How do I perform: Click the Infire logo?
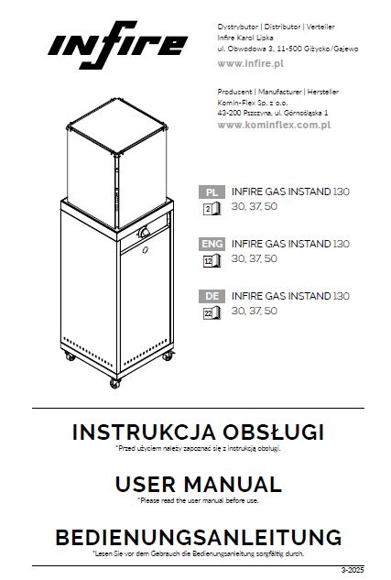[118, 45]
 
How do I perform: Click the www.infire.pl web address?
[251, 63]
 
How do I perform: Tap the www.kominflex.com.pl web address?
[274, 125]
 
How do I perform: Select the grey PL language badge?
[212, 192]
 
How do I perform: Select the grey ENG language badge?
[212, 244]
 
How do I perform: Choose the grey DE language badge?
[212, 296]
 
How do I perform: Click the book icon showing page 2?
[212, 209]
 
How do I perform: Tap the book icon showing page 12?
[212, 261]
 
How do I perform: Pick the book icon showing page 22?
[212, 313]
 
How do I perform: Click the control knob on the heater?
[144, 233]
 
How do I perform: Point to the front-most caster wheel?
[115, 383]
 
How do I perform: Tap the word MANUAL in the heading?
[233, 484]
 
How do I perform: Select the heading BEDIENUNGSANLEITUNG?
[199, 538]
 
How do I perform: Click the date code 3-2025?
[353, 570]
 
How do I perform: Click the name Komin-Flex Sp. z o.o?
[253, 103]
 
